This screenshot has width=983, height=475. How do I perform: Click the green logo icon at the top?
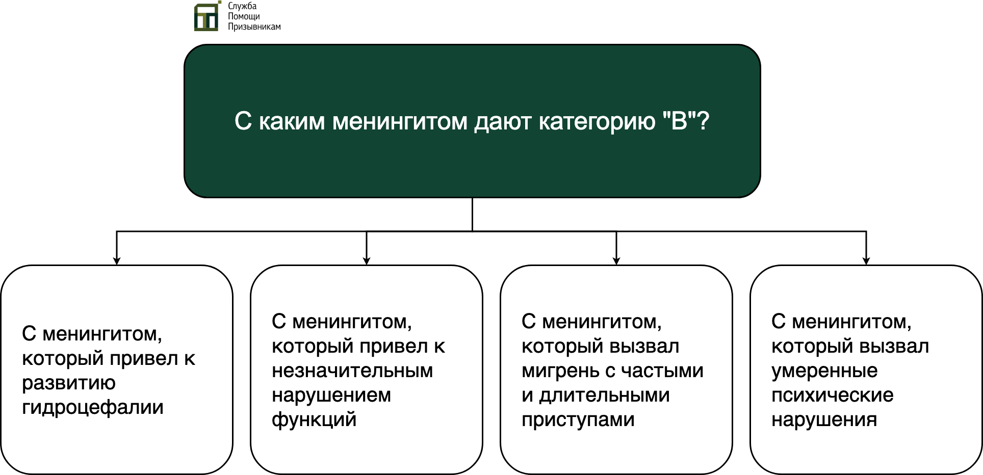coord(208,16)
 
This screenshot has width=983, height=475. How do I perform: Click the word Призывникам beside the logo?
coord(254,27)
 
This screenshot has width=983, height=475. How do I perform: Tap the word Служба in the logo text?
coord(242,6)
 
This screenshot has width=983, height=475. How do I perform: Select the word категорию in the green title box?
coord(597,122)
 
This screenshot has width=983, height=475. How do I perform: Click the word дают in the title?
coord(503,122)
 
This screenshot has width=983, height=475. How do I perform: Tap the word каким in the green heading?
coord(292,122)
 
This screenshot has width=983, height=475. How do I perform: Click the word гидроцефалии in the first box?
coord(93,408)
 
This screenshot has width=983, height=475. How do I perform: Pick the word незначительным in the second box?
coord(352,371)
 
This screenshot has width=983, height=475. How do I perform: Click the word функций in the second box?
coord(314,420)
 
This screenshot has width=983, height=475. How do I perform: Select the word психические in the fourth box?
coord(833,395)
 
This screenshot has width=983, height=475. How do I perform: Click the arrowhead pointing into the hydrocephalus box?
coord(117,261)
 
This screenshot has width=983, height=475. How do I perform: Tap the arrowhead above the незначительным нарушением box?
coord(367,261)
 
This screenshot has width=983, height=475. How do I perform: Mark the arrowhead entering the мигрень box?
coord(616,261)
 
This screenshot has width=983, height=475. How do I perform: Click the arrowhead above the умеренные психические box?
coord(866,261)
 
